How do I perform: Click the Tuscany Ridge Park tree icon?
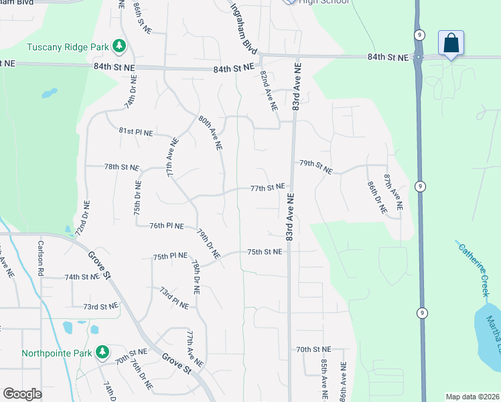119,46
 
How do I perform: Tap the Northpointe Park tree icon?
102,352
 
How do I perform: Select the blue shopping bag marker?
451,44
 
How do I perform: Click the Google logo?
22,394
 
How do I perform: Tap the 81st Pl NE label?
136,133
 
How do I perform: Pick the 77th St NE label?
267,188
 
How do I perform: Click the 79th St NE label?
315,167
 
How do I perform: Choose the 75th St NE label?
264,252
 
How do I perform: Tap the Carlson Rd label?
41,258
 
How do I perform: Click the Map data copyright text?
472,397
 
